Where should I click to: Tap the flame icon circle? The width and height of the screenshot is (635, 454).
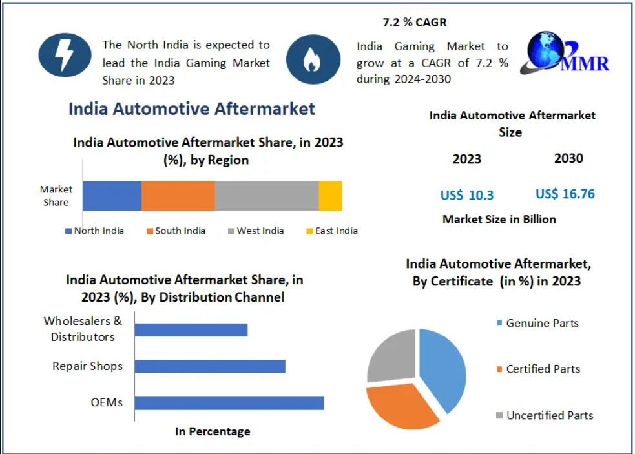[x=313, y=59]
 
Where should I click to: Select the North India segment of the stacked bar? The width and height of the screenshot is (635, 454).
[x=112, y=196]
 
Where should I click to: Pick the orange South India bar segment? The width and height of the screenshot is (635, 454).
[x=178, y=196]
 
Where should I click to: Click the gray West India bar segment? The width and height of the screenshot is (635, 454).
[x=266, y=196]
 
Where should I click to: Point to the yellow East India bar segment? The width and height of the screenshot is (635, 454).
[x=330, y=196]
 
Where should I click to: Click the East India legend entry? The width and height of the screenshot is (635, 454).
[x=331, y=231]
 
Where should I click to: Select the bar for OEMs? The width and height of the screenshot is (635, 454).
[x=229, y=403]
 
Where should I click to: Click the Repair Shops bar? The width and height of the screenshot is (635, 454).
[x=210, y=366]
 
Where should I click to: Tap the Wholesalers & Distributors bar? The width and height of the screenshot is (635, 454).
[x=191, y=329]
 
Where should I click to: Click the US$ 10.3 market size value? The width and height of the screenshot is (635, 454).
[x=467, y=195]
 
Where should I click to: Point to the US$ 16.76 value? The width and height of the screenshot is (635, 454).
[x=565, y=194]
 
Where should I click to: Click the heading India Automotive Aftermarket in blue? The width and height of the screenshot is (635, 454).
[x=192, y=108]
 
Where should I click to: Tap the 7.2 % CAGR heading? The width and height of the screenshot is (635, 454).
[x=415, y=23]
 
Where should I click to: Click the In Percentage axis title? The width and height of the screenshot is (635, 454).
[x=213, y=431]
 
